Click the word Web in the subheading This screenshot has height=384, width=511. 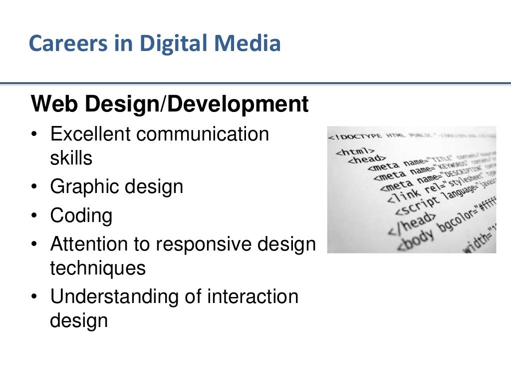(54, 104)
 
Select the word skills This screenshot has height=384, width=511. (71, 158)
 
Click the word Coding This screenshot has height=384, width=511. (81, 216)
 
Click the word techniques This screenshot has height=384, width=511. (98, 268)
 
